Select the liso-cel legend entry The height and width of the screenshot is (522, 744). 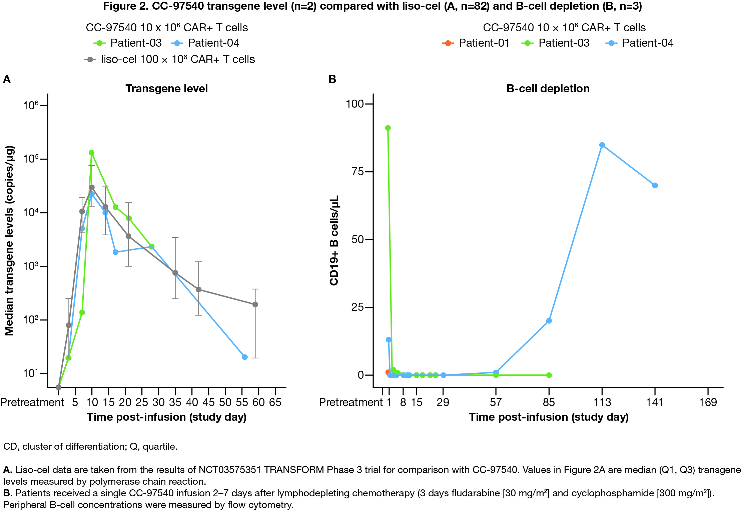pos(170,59)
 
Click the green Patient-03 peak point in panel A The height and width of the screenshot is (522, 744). pos(92,153)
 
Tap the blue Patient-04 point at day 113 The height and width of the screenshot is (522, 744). pos(602,145)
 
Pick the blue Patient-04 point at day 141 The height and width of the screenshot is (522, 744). pos(655,186)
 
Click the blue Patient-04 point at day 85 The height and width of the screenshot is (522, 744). pos(549,321)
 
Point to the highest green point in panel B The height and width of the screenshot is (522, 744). pos(388,128)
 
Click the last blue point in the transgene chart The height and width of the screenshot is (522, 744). pos(245,357)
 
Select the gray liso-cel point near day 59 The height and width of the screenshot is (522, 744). pos(255,304)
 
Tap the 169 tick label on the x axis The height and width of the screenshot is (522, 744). pos(708,402)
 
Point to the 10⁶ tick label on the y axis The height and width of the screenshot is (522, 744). pos(31,106)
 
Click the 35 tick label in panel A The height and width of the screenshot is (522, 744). pos(175,402)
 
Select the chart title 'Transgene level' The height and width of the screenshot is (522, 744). pos(166,89)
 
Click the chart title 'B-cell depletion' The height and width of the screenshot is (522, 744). pos(548,89)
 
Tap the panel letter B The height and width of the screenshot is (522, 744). pos(332,79)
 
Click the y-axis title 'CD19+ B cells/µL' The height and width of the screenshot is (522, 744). pos(334,240)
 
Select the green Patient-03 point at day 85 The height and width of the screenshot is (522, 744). pos(549,375)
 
